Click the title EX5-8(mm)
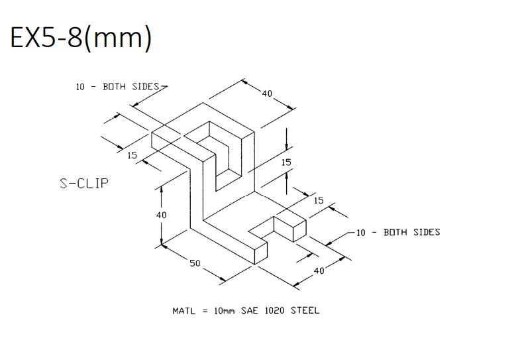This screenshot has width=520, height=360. pyautogui.click(x=81, y=38)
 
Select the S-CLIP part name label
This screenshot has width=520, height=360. pyautogui.click(x=84, y=184)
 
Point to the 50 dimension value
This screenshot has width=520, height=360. pyautogui.click(x=195, y=263)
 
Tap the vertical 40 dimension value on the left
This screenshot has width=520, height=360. pyautogui.click(x=161, y=215)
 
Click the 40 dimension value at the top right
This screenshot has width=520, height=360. pyautogui.click(x=266, y=93)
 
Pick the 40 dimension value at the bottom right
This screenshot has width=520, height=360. pyautogui.click(x=319, y=270)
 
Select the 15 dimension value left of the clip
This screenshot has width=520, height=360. pyautogui.click(x=132, y=154)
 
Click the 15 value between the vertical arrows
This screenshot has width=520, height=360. pyautogui.click(x=286, y=162)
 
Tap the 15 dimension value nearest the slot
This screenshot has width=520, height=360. pyautogui.click(x=318, y=200)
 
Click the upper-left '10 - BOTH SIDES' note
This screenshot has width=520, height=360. pyautogui.click(x=118, y=86)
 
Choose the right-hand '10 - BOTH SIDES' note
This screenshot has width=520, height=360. pyautogui.click(x=397, y=232)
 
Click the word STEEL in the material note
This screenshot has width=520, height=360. pyautogui.click(x=305, y=310)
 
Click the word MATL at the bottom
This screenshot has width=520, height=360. pyautogui.click(x=183, y=310)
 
